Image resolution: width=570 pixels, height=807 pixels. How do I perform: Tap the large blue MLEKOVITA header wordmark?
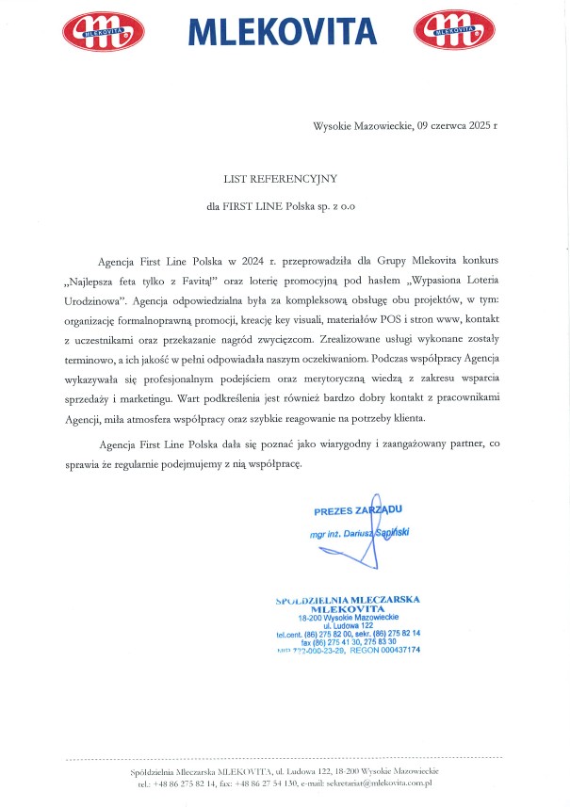click(282, 32)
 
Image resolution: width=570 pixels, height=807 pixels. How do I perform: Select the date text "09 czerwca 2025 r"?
click(456, 125)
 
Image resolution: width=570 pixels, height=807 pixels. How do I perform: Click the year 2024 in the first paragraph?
click(253, 258)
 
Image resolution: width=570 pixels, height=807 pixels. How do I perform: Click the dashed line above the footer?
click(283, 758)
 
